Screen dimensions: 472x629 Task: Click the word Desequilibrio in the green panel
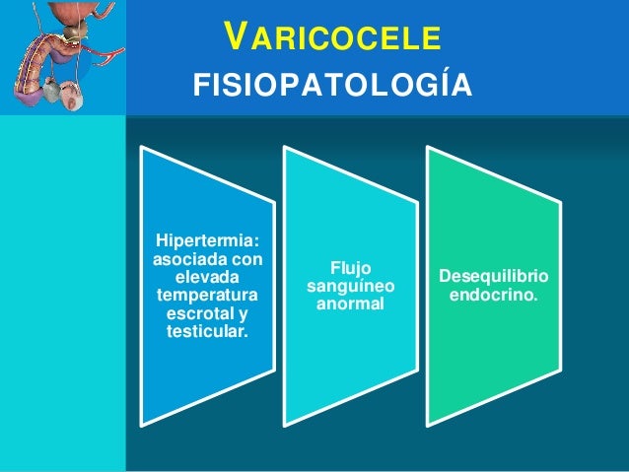point(495,277)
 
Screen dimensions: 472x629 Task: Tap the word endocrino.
point(493,295)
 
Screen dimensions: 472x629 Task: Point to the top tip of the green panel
point(428,149)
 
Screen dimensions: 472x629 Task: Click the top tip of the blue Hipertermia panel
point(142,149)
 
